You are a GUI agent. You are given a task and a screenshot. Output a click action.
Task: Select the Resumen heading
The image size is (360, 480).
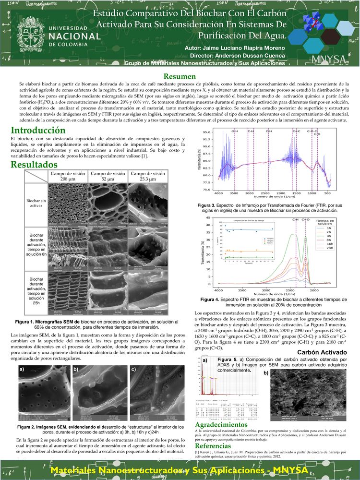pos(180,76)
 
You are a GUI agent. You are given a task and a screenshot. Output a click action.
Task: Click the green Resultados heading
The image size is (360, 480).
pos(37,165)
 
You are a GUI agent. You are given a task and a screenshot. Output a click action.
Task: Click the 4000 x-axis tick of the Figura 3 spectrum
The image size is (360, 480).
pos(218,193)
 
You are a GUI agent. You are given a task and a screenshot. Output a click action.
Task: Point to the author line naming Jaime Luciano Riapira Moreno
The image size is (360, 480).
pos(235,48)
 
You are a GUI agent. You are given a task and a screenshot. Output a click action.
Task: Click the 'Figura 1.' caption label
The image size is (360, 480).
pos(26,321)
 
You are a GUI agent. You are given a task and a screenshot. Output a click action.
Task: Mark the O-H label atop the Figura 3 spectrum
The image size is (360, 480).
pos(234,131)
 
